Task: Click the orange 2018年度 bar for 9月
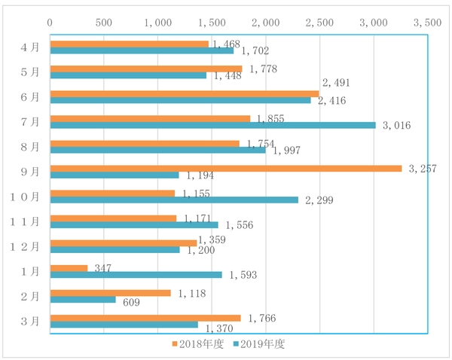tap(226, 168)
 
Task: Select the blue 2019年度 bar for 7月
tap(212, 125)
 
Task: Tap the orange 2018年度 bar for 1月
tap(69, 267)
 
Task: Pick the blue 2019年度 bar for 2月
tap(83, 299)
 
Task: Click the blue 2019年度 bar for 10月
tap(174, 200)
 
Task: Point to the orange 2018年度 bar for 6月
tap(185, 93)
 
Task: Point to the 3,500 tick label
tap(427, 23)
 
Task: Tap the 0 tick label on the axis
tap(50, 23)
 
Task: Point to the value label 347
tap(102, 267)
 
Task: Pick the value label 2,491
tap(337, 83)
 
